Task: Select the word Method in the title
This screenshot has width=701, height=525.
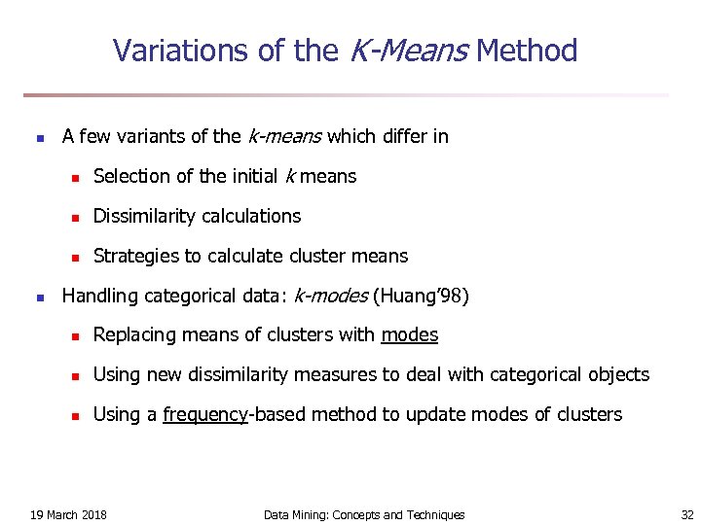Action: (x=528, y=51)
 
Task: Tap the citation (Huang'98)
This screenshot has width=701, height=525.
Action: (x=421, y=296)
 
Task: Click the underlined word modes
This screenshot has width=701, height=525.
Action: (x=410, y=335)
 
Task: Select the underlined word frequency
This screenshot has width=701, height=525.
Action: (x=205, y=415)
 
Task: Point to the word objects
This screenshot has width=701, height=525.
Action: (x=614, y=374)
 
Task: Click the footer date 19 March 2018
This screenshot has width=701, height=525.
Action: (x=69, y=514)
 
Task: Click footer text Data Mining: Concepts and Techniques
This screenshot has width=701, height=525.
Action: (x=364, y=514)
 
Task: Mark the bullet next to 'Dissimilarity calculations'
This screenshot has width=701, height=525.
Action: (x=73, y=217)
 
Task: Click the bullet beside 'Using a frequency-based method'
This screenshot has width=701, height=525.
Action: (x=73, y=415)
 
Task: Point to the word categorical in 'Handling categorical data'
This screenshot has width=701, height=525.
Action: (x=188, y=296)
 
